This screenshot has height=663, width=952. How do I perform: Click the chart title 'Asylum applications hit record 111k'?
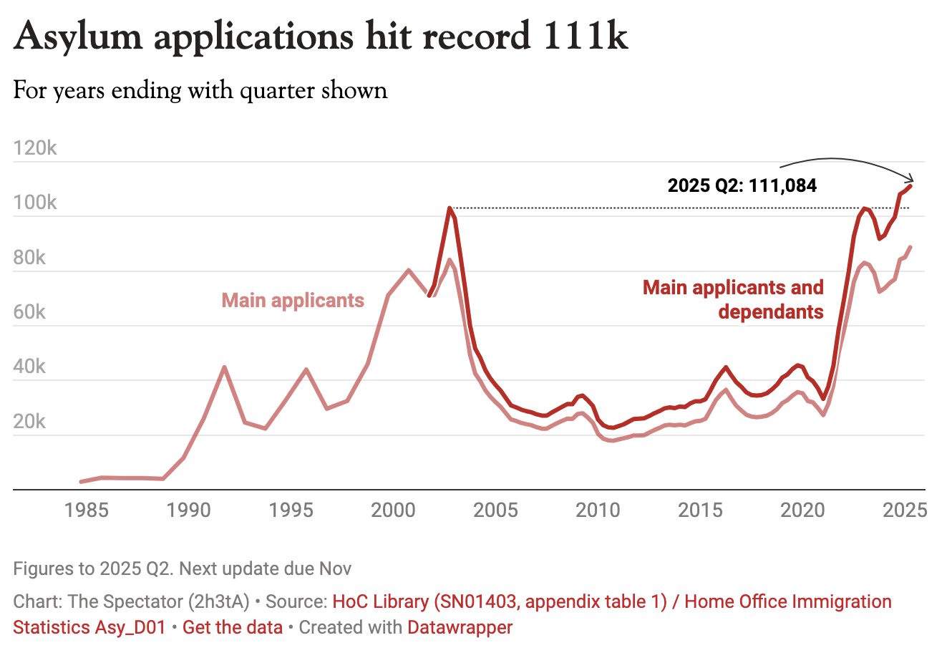coord(321,36)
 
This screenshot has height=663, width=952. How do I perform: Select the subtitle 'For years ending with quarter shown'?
coord(200,91)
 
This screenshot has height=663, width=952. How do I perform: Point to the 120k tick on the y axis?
coord(35,148)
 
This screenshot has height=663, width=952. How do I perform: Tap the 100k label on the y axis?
coord(35,203)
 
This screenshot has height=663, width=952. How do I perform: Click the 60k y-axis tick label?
coord(29,312)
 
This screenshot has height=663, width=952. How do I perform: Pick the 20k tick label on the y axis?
coord(29,422)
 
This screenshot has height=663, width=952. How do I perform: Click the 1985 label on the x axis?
coord(87,510)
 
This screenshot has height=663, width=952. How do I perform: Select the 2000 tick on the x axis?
coord(393,510)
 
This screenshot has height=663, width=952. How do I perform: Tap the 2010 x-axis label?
coord(598,510)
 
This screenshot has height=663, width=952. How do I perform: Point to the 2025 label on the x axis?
coord(905,510)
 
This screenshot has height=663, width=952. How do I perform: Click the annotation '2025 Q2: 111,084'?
coord(742,186)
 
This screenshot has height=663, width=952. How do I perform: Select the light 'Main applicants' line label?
coord(293,301)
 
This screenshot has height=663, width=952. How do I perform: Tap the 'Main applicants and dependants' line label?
coord(734,299)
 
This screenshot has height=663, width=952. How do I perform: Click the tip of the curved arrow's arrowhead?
coord(914,180)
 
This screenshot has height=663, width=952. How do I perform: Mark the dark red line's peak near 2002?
coord(450,208)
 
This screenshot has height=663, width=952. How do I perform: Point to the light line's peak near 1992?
coord(225,367)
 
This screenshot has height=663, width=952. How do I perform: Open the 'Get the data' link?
coord(233,628)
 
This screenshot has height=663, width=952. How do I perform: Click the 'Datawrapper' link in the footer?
coord(460,628)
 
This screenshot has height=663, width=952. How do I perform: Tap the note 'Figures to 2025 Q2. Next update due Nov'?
coord(183,569)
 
